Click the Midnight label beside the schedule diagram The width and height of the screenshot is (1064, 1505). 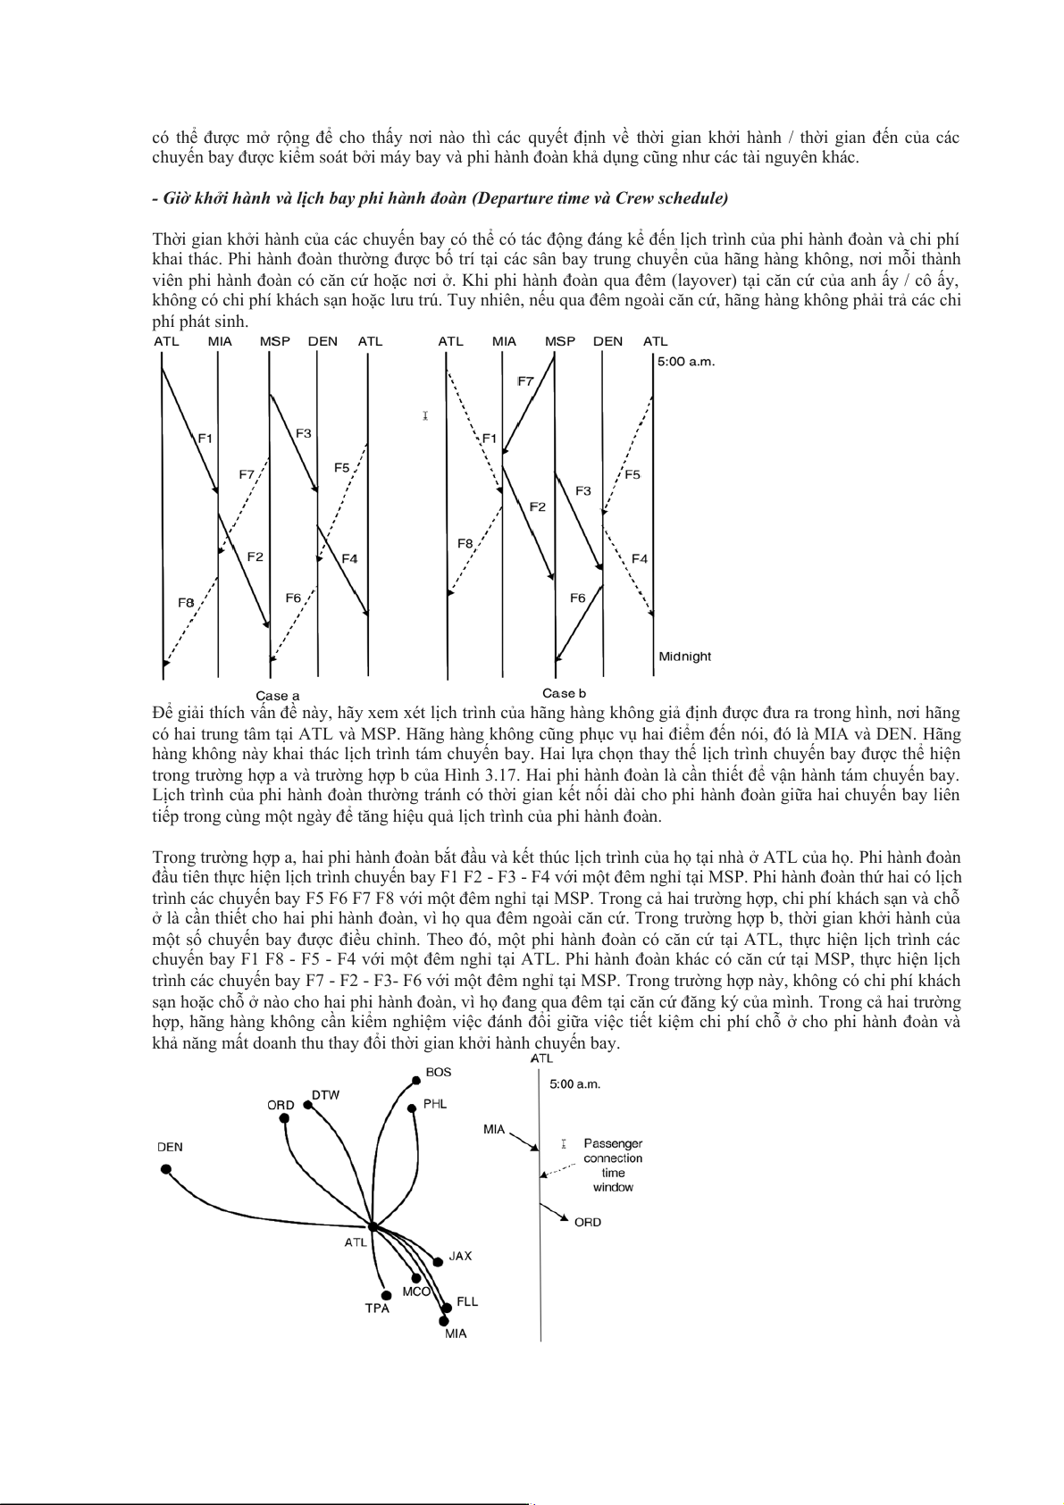point(684,656)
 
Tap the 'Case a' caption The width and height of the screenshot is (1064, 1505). point(278,696)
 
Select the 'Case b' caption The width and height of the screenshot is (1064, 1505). point(564,693)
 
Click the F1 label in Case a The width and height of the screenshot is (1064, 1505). point(205,438)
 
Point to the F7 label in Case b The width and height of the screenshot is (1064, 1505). point(525,381)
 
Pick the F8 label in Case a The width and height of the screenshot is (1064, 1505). point(186,603)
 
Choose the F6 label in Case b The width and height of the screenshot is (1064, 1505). point(578,598)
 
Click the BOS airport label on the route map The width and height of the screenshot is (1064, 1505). point(438,1072)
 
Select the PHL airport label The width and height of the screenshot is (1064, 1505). point(435,1104)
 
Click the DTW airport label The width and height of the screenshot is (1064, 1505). point(325,1095)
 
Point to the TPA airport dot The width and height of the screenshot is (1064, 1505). point(386,1295)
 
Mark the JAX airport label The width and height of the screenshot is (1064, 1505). point(460,1256)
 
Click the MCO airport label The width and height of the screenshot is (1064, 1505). point(416,1292)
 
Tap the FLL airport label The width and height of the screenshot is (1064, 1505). point(467,1301)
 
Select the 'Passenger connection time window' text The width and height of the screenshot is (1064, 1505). point(613,1165)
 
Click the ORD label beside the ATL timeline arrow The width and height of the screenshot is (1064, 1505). point(588,1222)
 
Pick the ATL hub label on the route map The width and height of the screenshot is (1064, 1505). point(356,1242)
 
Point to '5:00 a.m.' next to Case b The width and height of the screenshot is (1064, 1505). point(686,362)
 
